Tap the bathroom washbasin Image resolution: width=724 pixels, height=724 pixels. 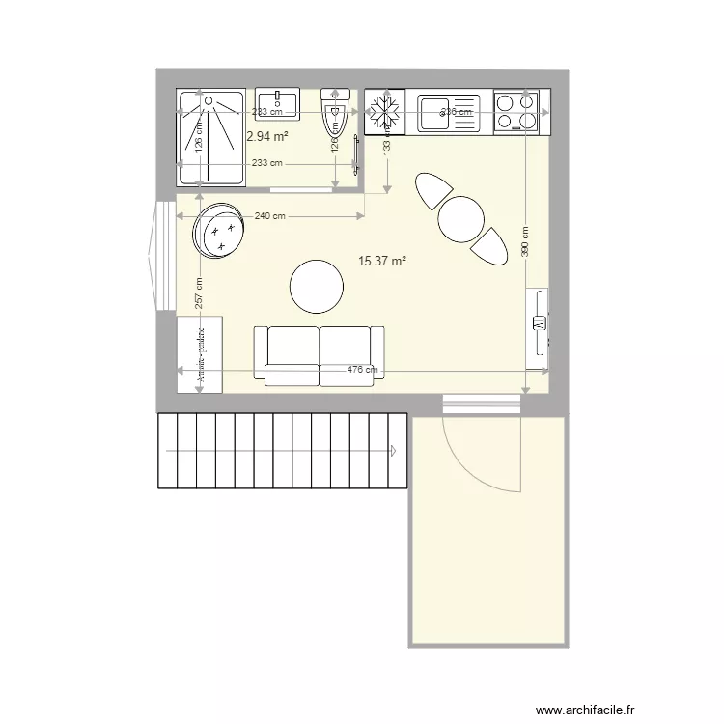[x=279, y=102]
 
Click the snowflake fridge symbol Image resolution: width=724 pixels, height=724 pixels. [x=385, y=111]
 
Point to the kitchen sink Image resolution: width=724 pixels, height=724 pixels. [x=448, y=111]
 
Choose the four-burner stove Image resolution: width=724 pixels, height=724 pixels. [x=516, y=111]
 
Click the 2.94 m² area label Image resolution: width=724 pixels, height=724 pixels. [x=267, y=137]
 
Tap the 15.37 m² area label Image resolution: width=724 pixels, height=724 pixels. [x=381, y=261]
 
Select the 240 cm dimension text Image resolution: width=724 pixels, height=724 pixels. [x=269, y=216]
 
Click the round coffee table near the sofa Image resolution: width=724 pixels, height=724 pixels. [x=317, y=287]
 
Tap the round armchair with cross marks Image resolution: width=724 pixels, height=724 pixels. [x=219, y=232]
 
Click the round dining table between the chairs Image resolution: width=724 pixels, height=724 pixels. [x=460, y=219]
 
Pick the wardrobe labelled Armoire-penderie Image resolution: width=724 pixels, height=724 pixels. [x=201, y=354]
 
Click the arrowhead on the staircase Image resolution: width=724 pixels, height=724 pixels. [x=395, y=450]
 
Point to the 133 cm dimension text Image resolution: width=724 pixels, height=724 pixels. [x=387, y=148]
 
